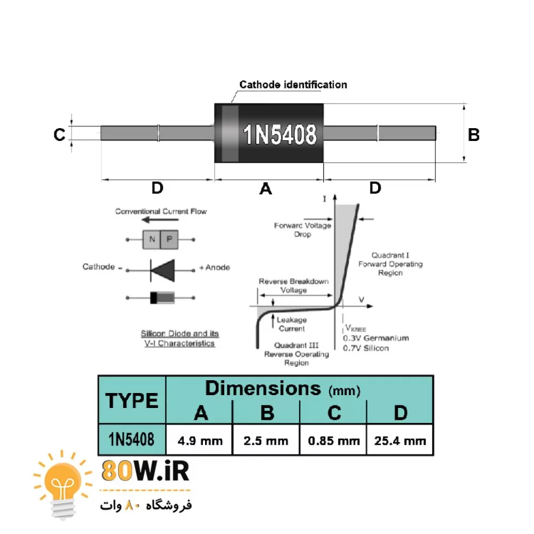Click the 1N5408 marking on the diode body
(x=280, y=134)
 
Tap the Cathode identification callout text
(x=293, y=84)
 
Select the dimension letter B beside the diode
(x=474, y=135)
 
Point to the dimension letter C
(x=59, y=135)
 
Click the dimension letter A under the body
(x=265, y=189)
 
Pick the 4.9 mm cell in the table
(x=200, y=441)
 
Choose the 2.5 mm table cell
(x=266, y=441)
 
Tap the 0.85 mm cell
(x=333, y=441)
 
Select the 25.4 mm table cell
(x=400, y=441)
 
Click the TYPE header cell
(x=132, y=400)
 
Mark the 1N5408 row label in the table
(x=132, y=439)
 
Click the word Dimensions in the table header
(x=263, y=388)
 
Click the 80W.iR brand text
(x=145, y=471)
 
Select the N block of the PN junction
(x=152, y=239)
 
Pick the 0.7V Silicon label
(x=366, y=348)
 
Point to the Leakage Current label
(x=291, y=324)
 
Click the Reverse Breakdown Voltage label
(x=294, y=286)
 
